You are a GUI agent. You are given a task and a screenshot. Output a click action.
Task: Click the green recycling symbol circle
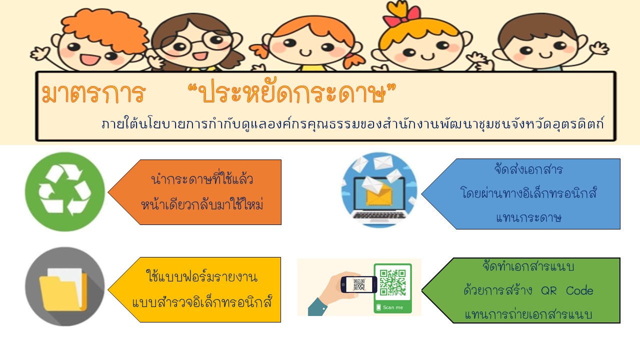(x=65, y=191)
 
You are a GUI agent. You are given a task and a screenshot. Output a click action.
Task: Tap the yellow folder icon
(x=63, y=289)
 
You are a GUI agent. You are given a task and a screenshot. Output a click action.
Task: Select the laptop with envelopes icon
(x=379, y=190)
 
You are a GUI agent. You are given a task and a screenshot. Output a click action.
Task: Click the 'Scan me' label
(x=393, y=307)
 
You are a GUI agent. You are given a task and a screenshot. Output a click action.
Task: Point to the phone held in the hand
(x=358, y=284)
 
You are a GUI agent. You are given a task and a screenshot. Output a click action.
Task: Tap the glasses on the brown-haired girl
(x=196, y=43)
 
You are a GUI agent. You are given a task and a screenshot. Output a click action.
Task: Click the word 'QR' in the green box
(x=549, y=291)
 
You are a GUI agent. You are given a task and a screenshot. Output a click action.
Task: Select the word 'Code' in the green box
(x=579, y=290)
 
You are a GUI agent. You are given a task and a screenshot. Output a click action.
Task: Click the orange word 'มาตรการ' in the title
(x=93, y=93)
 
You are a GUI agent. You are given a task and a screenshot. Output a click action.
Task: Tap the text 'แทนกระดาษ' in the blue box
(x=528, y=217)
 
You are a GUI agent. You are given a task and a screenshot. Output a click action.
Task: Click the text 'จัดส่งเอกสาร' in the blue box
(x=528, y=169)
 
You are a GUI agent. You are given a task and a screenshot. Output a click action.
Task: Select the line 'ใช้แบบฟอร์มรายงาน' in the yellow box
(x=201, y=276)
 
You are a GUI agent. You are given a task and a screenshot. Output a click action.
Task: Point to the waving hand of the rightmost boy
(x=599, y=48)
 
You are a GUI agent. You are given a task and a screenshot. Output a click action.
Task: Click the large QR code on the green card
(x=392, y=282)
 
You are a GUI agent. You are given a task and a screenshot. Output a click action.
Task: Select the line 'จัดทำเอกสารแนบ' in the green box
(x=528, y=266)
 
